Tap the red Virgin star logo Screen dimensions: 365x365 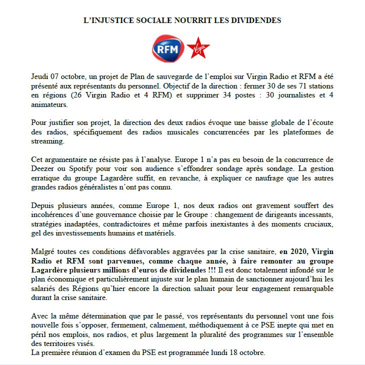pos(198,48)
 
